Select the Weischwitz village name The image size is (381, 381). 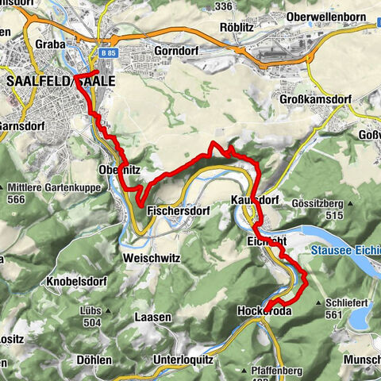[152, 258]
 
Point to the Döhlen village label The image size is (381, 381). [94, 359]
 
